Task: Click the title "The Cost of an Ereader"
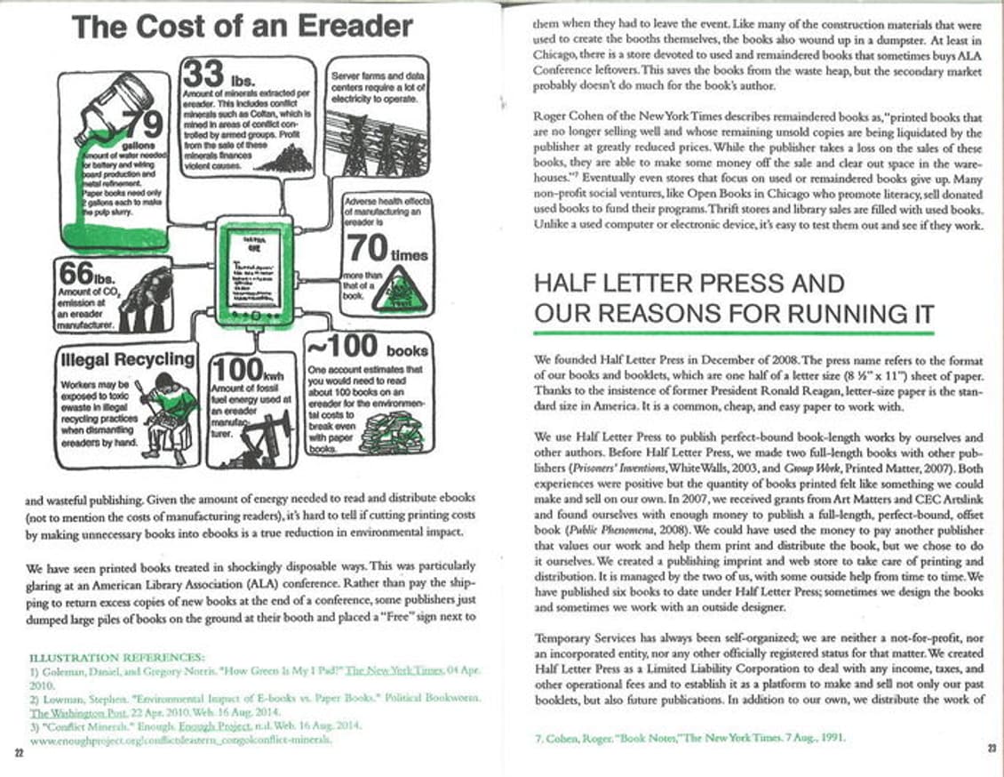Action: coord(243,26)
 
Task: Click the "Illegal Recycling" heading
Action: coord(127,359)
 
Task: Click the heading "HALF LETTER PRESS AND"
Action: coord(689,284)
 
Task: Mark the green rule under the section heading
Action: coord(733,333)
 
